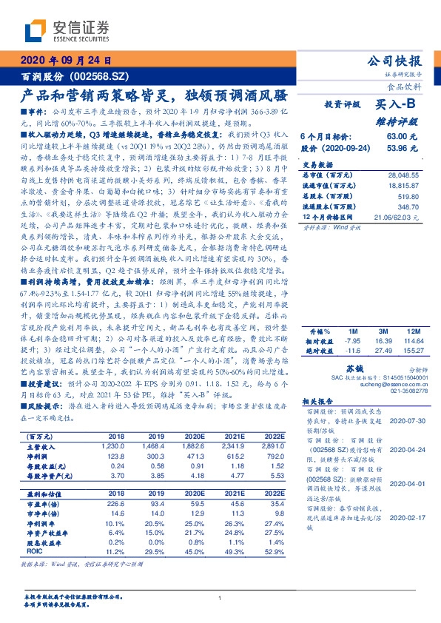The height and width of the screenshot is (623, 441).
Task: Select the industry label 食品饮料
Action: point(406,86)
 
